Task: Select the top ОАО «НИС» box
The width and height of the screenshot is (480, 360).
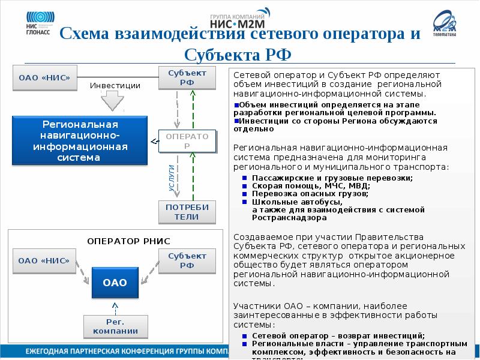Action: coord(40,77)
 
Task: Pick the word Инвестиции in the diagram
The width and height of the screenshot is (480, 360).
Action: coord(115,86)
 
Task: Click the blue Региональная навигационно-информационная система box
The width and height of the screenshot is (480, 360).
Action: coord(80,141)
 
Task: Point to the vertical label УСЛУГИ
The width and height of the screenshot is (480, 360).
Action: coord(171,178)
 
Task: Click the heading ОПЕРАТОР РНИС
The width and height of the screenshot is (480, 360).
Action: coord(129,241)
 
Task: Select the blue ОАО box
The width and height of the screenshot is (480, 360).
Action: coord(115,282)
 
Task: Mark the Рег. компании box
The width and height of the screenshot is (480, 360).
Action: coord(115,326)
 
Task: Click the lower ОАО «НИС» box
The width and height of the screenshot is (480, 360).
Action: coord(40,261)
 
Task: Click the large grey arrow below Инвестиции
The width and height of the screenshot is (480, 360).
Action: coord(112,101)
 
